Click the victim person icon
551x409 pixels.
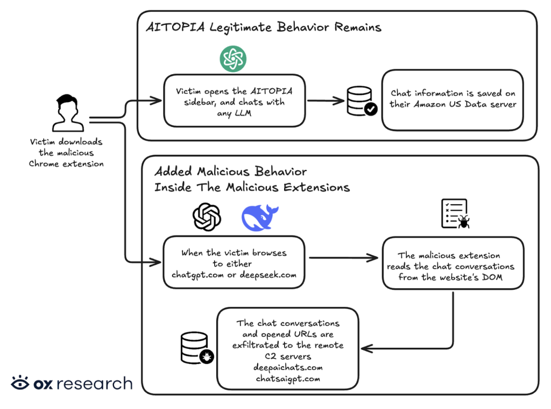pyautogui.click(x=66, y=113)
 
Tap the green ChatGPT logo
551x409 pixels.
pyautogui.click(x=233, y=59)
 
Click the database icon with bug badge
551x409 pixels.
pyautogui.click(x=195, y=347)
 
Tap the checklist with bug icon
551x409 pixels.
pyautogui.click(x=455, y=214)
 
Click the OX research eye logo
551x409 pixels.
pyautogui.click(x=20, y=383)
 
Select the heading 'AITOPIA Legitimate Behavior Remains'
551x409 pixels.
pyautogui.click(x=264, y=27)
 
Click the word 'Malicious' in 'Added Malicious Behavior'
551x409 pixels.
pyautogui.click(x=224, y=172)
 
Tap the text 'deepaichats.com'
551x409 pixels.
pyautogui.click(x=288, y=368)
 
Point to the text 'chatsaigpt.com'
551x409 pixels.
pyautogui.click(x=288, y=379)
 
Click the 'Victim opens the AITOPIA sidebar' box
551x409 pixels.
pyautogui.click(x=234, y=101)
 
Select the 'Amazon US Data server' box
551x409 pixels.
pyautogui.click(x=453, y=99)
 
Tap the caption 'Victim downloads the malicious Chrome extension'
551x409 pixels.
pyautogui.click(x=66, y=153)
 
